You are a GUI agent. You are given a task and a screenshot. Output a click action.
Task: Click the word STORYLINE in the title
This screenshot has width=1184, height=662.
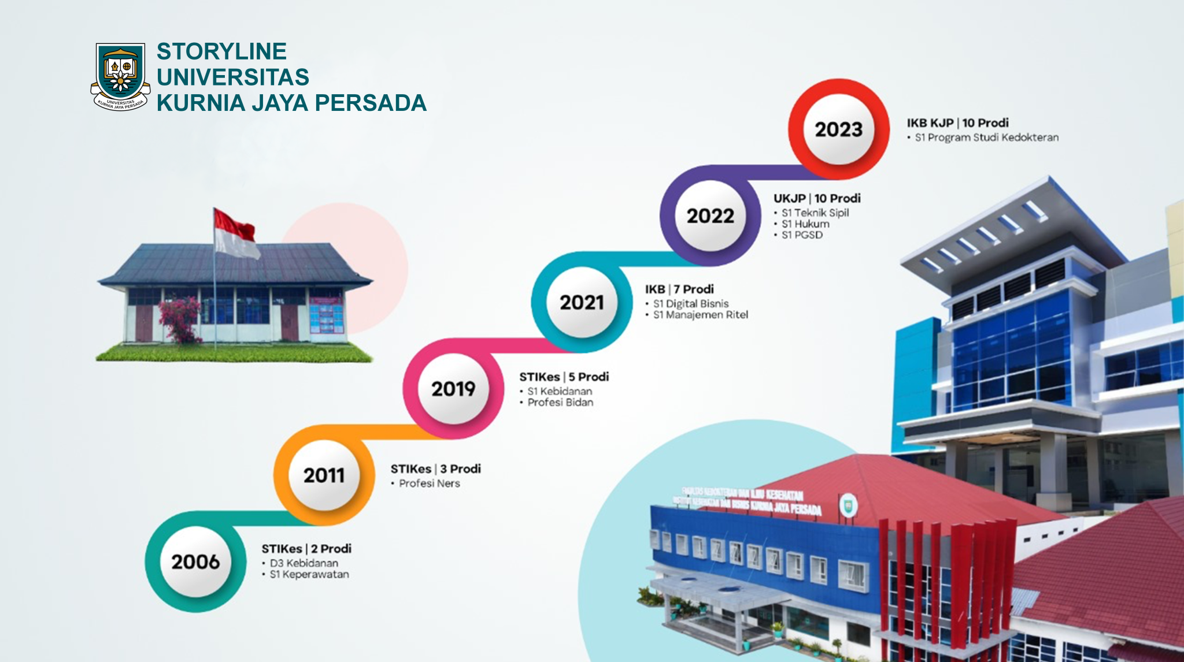221,51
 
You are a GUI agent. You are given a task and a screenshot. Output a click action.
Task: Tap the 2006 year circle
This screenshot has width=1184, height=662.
195,561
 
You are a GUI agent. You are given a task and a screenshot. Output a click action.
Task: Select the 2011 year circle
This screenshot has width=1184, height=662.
324,475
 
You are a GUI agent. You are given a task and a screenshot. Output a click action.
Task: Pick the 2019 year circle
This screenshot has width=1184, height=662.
453,389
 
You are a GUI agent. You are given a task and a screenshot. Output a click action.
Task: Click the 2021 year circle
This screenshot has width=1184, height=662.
582,302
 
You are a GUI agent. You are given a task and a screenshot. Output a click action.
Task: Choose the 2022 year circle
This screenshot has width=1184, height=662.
710,216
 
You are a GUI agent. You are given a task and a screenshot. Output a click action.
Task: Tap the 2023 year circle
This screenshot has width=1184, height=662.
838,129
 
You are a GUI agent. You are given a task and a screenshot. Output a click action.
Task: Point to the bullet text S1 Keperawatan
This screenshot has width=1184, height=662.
309,575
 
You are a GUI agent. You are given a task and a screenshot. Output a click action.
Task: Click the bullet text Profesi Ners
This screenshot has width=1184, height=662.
429,484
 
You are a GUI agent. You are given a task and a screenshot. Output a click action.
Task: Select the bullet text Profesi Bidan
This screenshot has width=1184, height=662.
560,403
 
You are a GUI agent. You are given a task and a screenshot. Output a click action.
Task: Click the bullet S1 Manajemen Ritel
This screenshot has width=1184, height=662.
700,315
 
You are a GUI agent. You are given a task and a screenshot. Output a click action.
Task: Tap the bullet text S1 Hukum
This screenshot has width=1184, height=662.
805,224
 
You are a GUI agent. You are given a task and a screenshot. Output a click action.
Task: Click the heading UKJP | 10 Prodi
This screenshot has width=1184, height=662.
817,198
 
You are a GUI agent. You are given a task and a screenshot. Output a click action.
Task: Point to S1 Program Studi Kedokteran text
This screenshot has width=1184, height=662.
986,137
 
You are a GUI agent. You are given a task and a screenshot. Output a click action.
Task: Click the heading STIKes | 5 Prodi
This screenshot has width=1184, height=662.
564,377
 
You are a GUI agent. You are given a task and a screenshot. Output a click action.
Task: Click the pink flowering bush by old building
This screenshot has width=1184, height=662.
179,319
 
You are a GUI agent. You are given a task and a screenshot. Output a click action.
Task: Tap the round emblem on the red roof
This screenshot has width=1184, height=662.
848,505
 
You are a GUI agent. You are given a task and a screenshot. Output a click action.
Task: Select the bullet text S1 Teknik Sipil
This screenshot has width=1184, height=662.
815,213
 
